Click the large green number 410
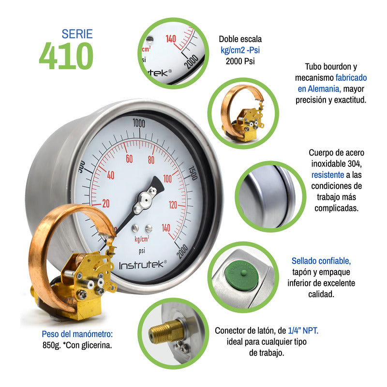(66, 56)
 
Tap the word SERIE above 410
(77, 34)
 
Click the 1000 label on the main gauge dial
(139, 123)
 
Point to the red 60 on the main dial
(129, 159)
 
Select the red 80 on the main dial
(151, 160)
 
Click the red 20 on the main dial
(106, 203)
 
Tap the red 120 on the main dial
(173, 205)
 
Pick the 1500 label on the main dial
(193, 173)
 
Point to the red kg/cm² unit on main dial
(142, 239)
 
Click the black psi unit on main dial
(142, 251)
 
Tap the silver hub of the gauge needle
(145, 200)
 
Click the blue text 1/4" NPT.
(303, 330)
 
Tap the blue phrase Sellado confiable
(321, 261)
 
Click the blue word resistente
(327, 175)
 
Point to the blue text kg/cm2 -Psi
(240, 50)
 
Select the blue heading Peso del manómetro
(77, 334)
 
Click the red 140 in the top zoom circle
(171, 39)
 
